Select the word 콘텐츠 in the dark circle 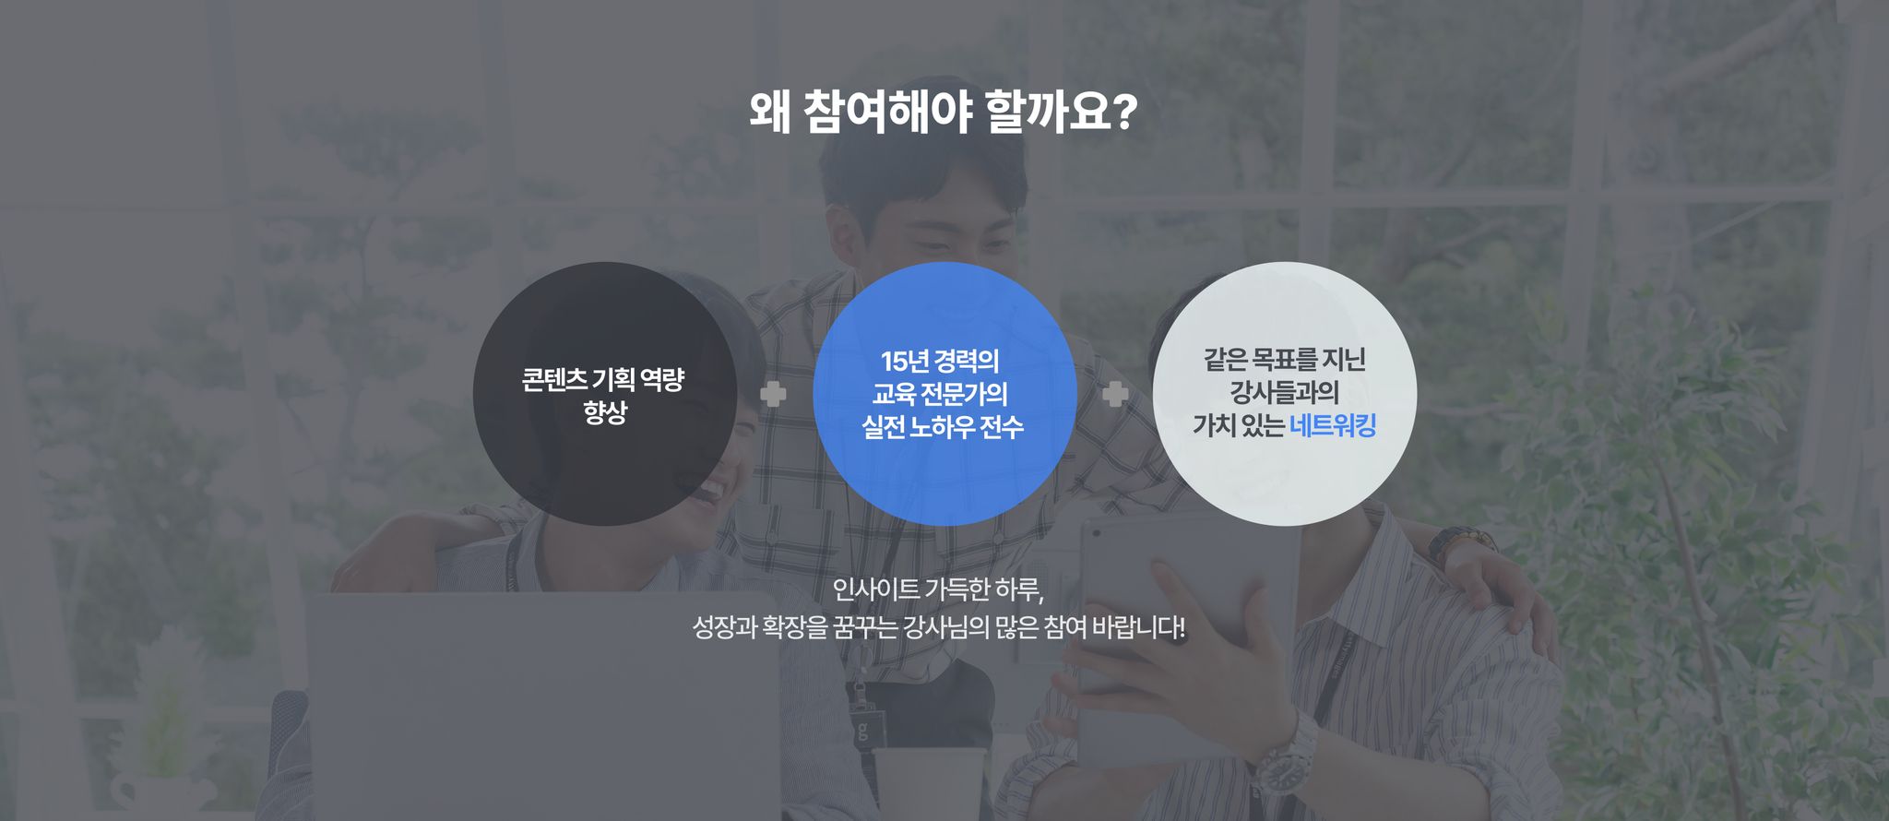553,379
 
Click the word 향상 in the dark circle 605,411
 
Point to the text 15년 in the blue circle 904,361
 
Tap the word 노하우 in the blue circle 942,427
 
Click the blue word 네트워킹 1333,425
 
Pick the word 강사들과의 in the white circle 1284,392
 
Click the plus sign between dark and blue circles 773,394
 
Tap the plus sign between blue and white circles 1115,394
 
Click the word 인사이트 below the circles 875,589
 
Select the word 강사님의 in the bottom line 946,627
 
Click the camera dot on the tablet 1096,532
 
